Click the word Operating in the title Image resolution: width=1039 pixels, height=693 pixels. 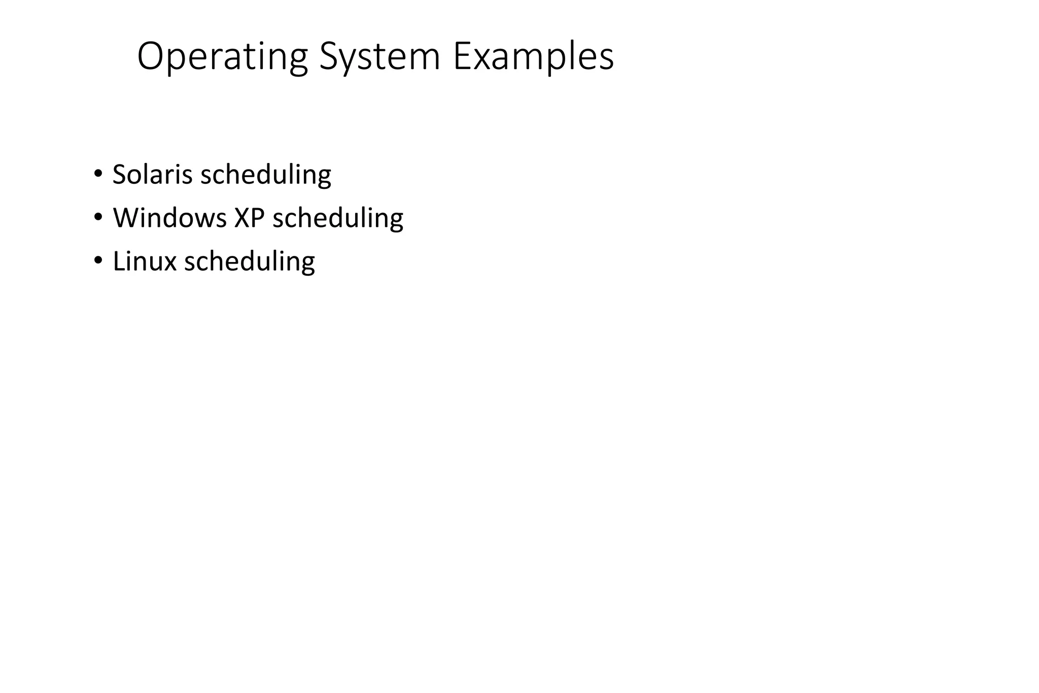pos(222,57)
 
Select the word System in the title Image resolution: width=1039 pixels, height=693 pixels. pos(379,57)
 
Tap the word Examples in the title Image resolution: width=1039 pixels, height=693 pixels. pos(533,57)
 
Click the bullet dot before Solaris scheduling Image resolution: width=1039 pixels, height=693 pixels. pos(97,172)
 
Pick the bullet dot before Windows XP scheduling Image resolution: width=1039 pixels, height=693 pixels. pos(97,216)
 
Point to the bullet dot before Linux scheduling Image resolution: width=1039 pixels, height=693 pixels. pos(97,259)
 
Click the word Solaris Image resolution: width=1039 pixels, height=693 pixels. pos(152,174)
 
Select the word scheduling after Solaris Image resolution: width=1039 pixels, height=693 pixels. pos(266,175)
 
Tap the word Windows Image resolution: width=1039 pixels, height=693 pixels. pos(169,218)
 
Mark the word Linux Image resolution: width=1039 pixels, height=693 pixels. pos(144,261)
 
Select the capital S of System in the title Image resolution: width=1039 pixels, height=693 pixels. pos(330,57)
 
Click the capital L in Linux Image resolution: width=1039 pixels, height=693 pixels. pos(118,261)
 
